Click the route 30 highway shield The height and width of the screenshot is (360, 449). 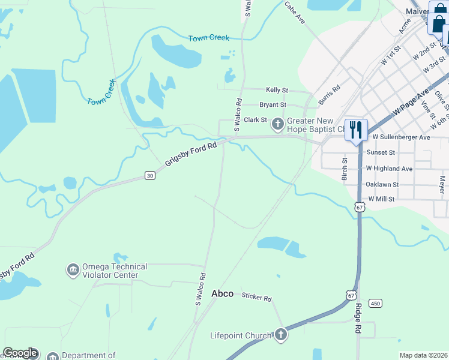(x=149, y=175)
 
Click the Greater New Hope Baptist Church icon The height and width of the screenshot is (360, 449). (x=277, y=124)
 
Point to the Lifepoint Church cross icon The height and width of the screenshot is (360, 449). (x=280, y=335)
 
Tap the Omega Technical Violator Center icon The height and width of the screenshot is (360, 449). (x=73, y=270)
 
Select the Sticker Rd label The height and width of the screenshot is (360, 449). (x=257, y=297)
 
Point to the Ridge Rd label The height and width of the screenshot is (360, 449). (x=358, y=319)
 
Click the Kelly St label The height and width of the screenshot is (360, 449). (x=277, y=89)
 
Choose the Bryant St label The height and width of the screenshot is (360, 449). (x=273, y=104)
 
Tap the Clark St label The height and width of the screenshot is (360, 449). (x=255, y=120)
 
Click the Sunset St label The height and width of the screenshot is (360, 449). (x=384, y=153)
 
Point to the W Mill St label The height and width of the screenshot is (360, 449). (x=381, y=199)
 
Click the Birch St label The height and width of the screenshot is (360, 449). (x=345, y=169)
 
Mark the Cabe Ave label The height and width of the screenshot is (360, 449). (x=295, y=13)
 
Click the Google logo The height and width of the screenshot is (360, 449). (x=20, y=353)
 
